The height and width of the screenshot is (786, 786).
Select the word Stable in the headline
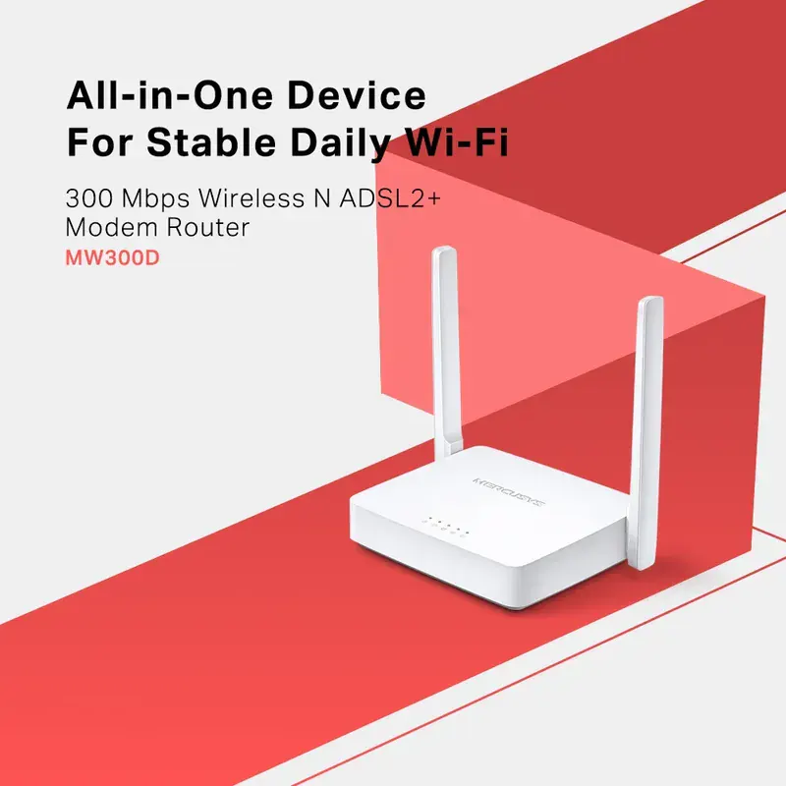click(197, 143)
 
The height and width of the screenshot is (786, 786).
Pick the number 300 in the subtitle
click(87, 196)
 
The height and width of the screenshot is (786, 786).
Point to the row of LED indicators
click(446, 529)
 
